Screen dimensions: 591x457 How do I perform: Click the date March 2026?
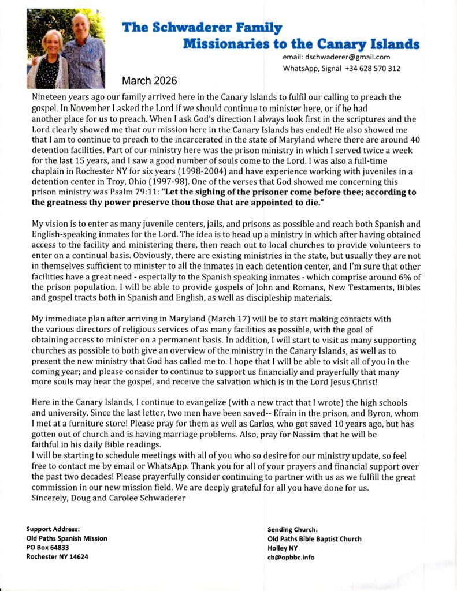coord(149,80)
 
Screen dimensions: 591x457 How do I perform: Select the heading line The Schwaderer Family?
coord(202,27)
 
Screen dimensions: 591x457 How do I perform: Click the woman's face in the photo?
coord(49,45)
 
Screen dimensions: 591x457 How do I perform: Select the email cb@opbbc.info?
coord(291,558)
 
